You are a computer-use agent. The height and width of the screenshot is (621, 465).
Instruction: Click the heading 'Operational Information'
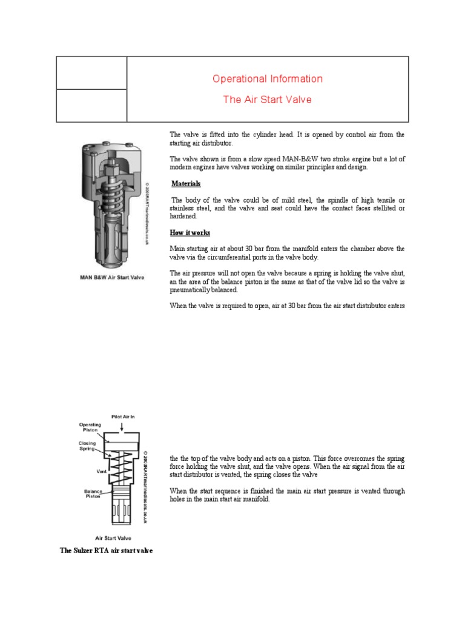coord(267,79)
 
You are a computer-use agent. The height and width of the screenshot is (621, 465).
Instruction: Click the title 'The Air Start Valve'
coord(267,99)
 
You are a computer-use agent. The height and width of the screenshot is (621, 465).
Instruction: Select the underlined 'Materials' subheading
coord(186,184)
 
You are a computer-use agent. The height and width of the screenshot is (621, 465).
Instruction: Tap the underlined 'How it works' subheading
coord(190,232)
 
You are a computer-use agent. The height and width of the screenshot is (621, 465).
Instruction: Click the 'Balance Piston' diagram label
coord(93,493)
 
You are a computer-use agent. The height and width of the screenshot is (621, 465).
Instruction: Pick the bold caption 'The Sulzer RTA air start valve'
coord(106,550)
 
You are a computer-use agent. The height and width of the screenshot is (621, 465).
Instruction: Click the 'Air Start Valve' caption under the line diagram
coord(114,538)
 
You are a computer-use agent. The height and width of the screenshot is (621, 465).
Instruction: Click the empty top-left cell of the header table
coord(91,73)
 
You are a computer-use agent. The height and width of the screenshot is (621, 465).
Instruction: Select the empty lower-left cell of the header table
coord(91,105)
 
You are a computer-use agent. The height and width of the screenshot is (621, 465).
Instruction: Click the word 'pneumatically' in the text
coord(190,290)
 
